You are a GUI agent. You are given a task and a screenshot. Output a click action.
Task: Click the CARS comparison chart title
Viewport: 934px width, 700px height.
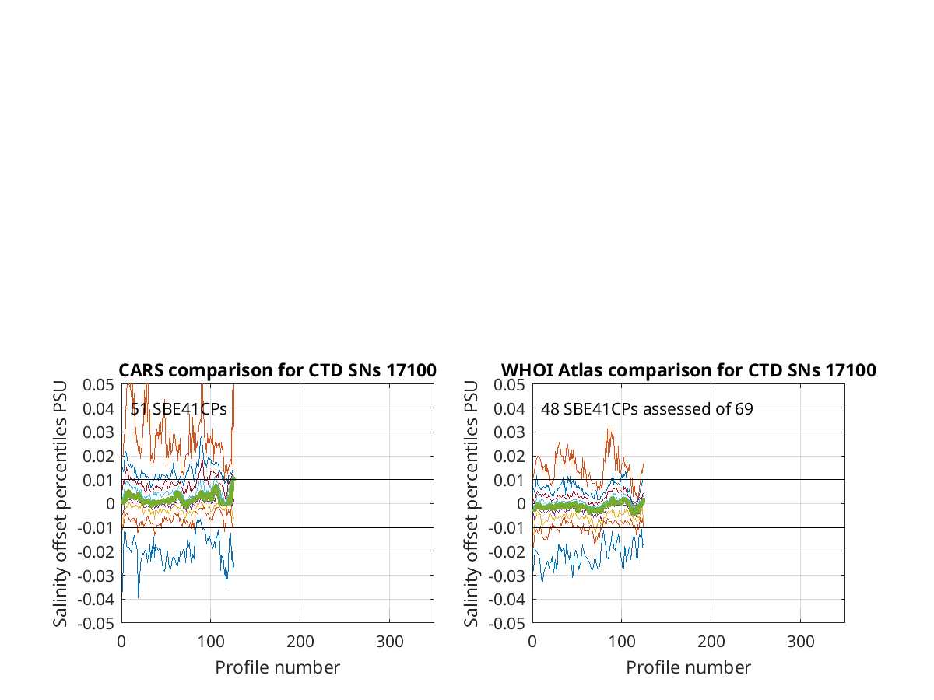[277, 370]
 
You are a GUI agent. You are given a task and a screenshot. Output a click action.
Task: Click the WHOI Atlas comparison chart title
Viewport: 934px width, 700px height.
[689, 370]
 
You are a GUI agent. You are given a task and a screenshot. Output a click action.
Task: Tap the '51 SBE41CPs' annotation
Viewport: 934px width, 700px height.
[178, 409]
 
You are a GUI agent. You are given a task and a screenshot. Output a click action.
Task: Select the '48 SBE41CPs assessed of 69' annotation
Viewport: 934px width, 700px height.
[647, 409]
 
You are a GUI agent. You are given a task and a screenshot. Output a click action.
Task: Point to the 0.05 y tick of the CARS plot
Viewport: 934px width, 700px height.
[98, 385]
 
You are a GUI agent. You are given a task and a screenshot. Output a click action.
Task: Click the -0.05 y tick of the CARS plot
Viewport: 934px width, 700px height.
[96, 624]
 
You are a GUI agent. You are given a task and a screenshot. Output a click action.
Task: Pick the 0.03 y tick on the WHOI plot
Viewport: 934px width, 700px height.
[509, 432]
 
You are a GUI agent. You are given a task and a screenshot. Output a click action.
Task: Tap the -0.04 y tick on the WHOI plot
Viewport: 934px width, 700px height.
[507, 600]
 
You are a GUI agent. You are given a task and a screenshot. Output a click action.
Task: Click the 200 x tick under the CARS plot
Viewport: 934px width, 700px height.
[300, 642]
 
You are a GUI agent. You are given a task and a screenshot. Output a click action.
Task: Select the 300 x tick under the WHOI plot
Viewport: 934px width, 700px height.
[800, 642]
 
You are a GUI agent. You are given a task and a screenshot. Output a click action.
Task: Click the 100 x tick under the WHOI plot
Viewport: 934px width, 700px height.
[622, 642]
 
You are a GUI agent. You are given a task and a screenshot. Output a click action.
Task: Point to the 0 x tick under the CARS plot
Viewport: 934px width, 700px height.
[121, 642]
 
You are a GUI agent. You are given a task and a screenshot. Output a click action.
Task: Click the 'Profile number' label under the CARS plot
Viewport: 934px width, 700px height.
[277, 667]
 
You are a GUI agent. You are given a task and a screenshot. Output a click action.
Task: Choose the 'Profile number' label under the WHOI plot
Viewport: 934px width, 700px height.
[689, 667]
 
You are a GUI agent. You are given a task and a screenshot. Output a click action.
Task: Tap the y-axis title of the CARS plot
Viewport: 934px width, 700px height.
[60, 504]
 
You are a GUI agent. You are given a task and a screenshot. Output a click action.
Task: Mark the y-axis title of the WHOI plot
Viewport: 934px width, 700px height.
[471, 504]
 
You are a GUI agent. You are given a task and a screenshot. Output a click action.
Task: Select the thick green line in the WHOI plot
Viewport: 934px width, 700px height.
[588, 507]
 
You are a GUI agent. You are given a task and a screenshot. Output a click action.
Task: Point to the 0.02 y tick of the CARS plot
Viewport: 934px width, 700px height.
[98, 456]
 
